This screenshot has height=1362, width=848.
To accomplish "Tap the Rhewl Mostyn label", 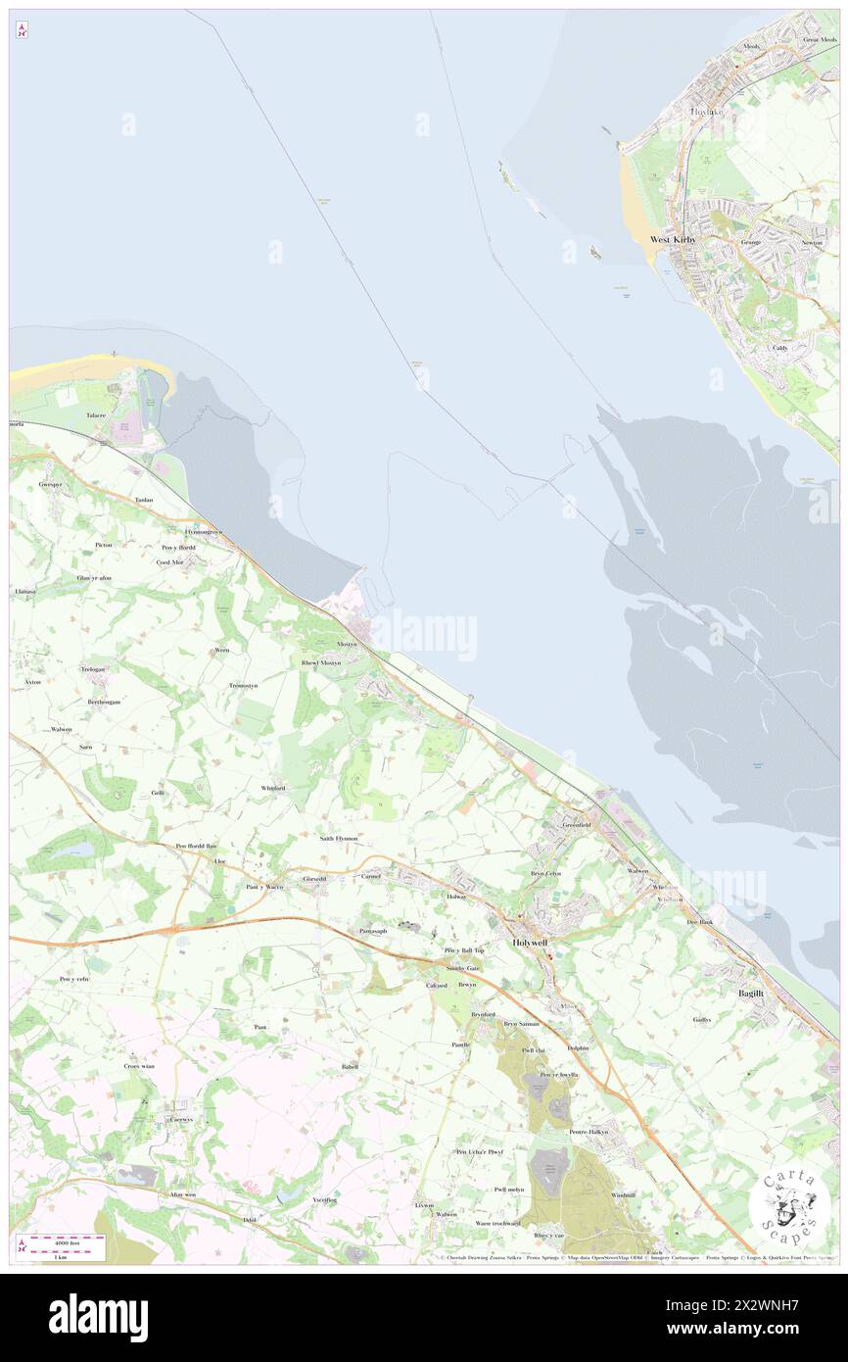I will [x=320, y=663].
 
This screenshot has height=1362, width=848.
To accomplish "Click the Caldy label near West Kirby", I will [x=779, y=348].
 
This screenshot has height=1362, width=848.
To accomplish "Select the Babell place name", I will [x=350, y=1066].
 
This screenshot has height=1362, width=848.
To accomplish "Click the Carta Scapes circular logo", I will [x=790, y=1201].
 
